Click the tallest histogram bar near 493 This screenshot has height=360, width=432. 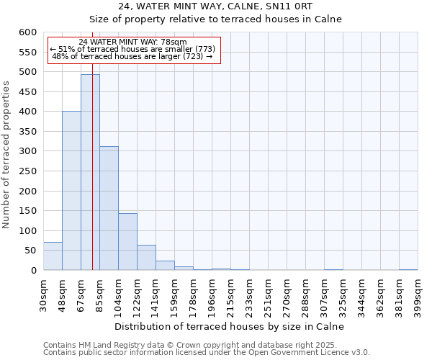pyautogui.click(x=90, y=173)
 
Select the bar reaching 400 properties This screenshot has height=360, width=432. pyautogui.click(x=71, y=191)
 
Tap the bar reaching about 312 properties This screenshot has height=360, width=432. pyautogui.click(x=109, y=209)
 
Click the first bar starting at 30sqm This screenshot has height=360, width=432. pyautogui.click(x=53, y=256)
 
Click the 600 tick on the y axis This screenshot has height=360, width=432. pyautogui.click(x=27, y=32)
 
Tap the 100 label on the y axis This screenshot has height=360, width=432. pyautogui.click(x=27, y=231)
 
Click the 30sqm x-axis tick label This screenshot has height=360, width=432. pyautogui.click(x=43, y=292)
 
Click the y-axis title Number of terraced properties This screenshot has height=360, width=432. pyautogui.click(x=6, y=155)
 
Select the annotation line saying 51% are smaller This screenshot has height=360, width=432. pyautogui.click(x=132, y=49)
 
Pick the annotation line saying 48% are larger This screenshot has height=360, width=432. pyautogui.click(x=132, y=56)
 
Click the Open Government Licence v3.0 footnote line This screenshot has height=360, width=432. pyautogui.click(x=206, y=352)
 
